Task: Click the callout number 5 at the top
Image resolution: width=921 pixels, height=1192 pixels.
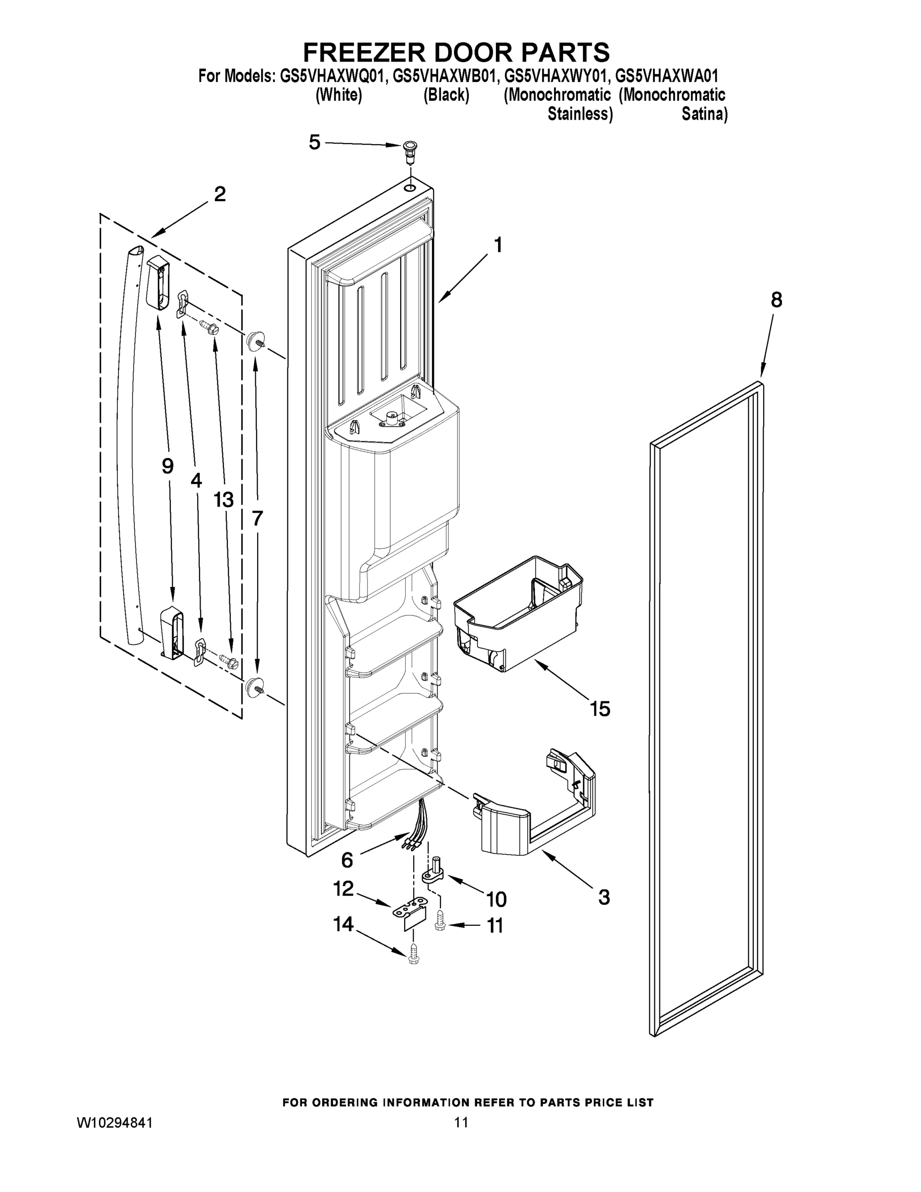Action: point(314,143)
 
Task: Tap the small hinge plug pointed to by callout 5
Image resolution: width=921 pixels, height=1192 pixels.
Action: point(409,149)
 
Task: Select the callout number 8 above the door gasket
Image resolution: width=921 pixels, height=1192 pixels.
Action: point(776,299)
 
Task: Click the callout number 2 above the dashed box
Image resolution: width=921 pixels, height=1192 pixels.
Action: point(220,194)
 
